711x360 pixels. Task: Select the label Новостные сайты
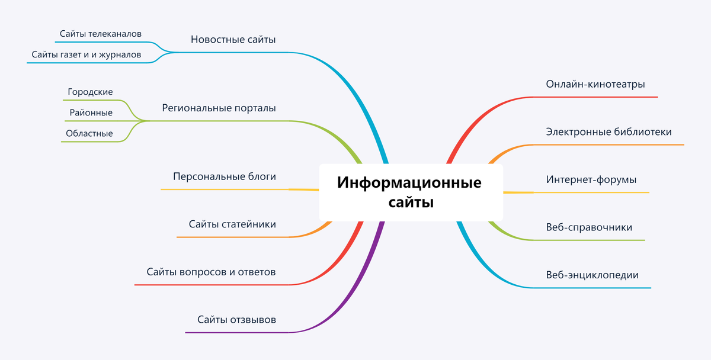(x=233, y=40)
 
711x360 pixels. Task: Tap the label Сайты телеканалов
(x=101, y=34)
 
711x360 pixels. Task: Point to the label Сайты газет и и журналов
(x=87, y=54)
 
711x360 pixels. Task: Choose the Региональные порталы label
(x=219, y=108)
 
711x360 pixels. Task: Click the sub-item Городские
(x=90, y=92)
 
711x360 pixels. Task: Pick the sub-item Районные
(x=91, y=112)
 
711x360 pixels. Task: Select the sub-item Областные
(x=89, y=133)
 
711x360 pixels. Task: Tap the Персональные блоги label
(x=224, y=176)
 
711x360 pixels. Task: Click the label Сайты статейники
(x=232, y=224)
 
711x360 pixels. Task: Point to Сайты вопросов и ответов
(x=211, y=272)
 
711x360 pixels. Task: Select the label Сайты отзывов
(x=236, y=320)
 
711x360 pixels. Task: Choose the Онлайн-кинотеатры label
(x=595, y=84)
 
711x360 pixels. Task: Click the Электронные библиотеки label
(x=608, y=131)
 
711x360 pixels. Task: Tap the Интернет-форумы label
(x=591, y=179)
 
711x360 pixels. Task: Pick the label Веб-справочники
(x=589, y=227)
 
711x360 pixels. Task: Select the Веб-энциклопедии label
(x=592, y=275)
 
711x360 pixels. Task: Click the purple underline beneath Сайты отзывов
(x=237, y=332)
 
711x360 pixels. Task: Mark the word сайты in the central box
(x=411, y=202)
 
